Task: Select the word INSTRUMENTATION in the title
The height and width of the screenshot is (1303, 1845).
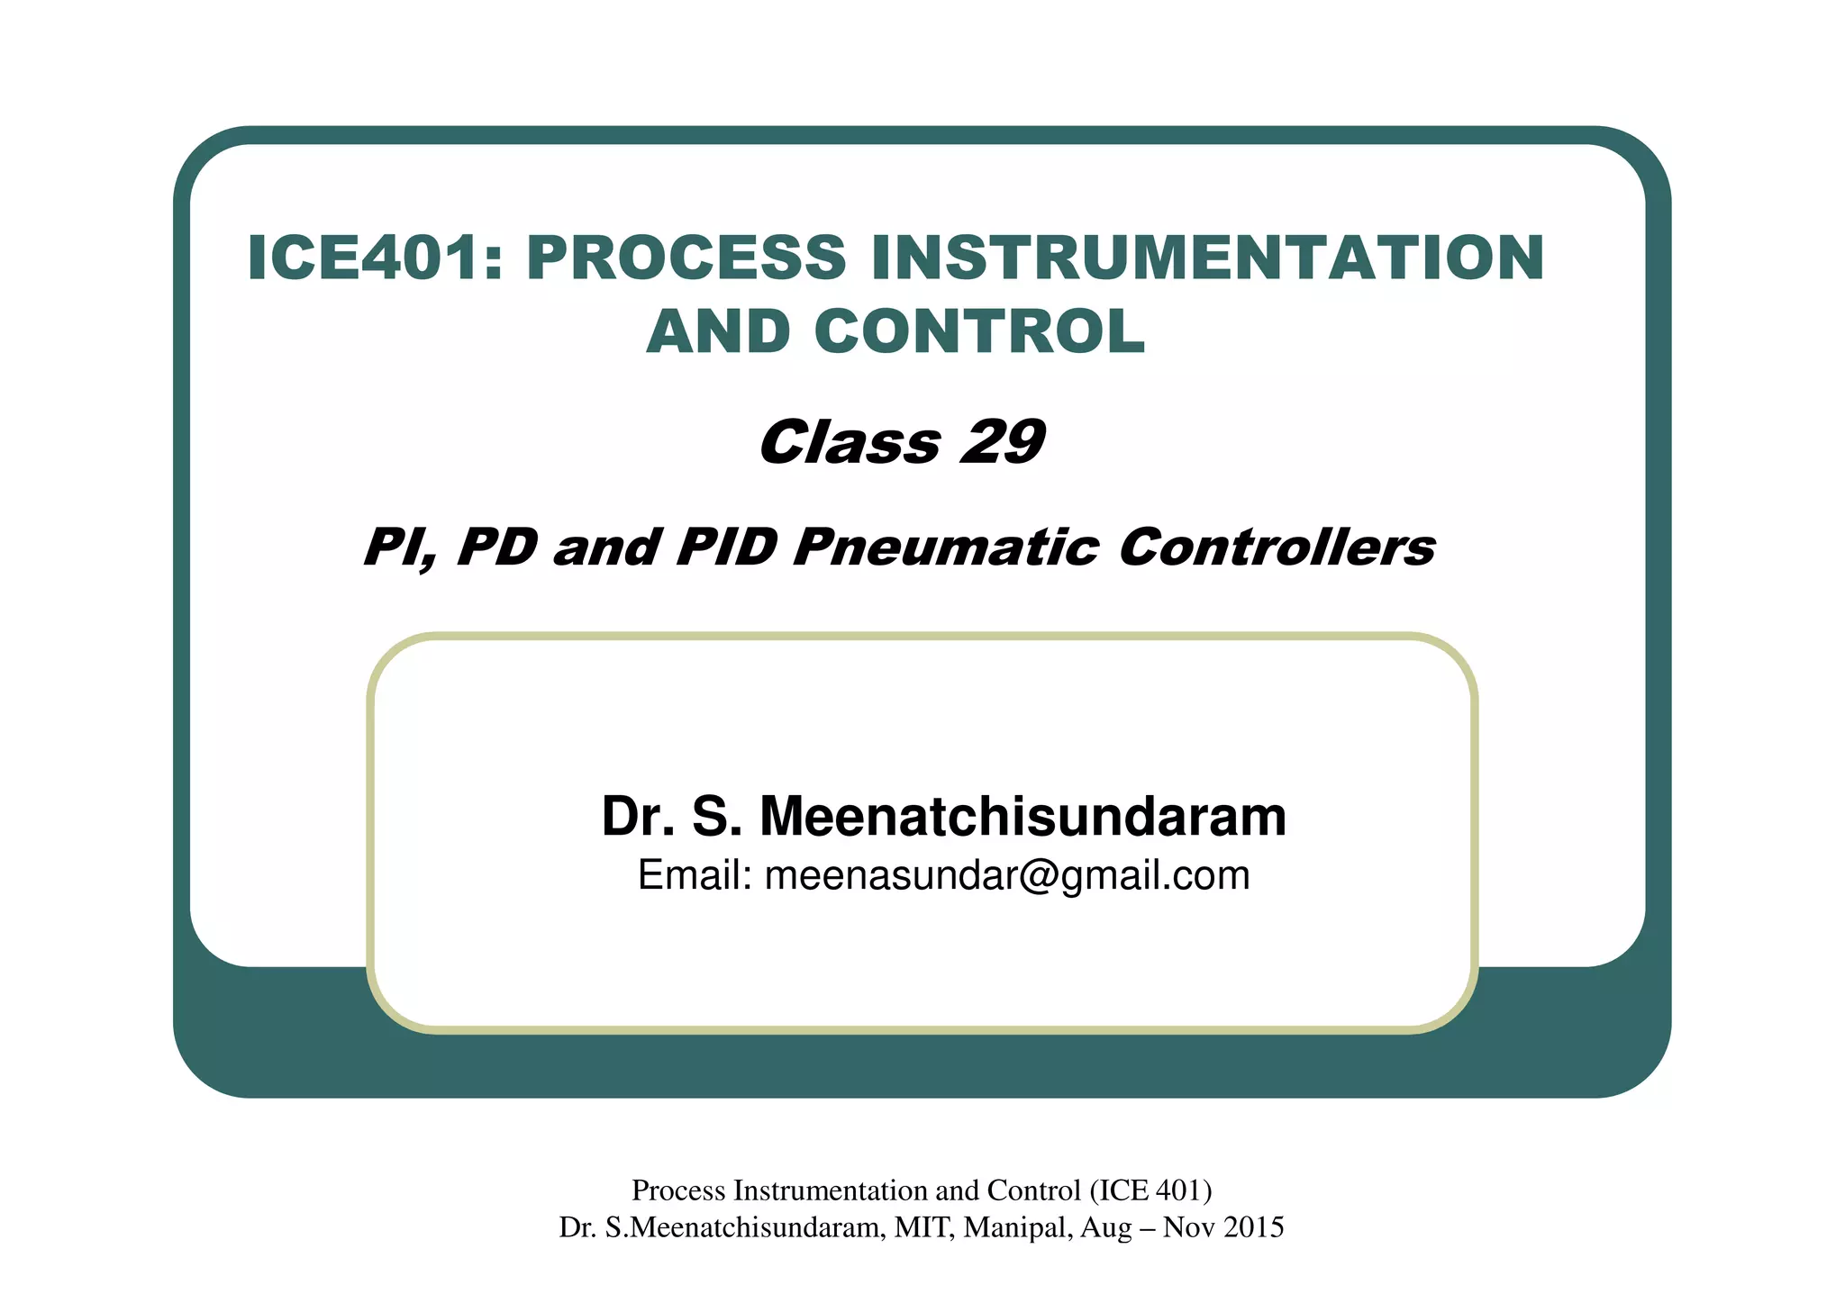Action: [x=1208, y=258]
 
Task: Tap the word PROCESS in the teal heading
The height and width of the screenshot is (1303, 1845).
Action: [x=685, y=258]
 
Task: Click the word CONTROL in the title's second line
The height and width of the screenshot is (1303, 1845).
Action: [x=979, y=332]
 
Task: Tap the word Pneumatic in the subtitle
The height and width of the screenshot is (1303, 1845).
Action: [x=946, y=547]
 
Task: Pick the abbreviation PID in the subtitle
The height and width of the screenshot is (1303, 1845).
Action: [x=725, y=547]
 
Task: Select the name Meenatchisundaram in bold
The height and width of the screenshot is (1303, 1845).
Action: [x=1022, y=817]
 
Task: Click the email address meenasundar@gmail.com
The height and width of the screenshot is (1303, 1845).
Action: [x=1007, y=875]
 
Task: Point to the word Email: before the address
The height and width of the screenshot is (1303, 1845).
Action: [x=695, y=875]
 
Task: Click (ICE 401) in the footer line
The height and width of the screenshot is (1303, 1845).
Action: [x=1150, y=1190]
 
